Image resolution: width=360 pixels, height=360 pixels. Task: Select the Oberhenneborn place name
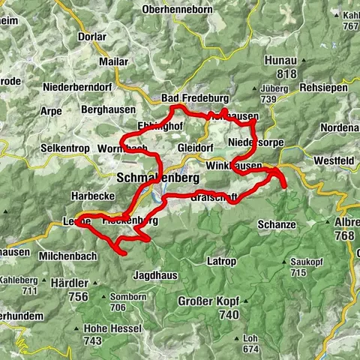click(176, 10)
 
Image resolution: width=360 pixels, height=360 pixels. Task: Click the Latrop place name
click(220, 261)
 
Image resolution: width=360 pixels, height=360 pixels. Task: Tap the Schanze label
click(275, 224)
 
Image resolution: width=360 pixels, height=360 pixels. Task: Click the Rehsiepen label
click(325, 88)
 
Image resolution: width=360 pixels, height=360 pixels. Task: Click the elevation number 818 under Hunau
click(277, 74)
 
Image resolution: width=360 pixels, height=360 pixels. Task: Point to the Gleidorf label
click(196, 148)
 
